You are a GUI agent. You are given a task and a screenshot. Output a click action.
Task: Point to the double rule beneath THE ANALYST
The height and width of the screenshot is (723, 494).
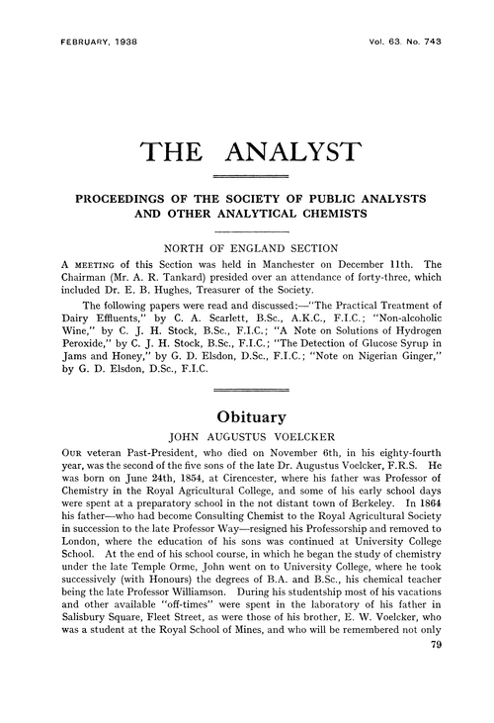pos(247,175)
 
